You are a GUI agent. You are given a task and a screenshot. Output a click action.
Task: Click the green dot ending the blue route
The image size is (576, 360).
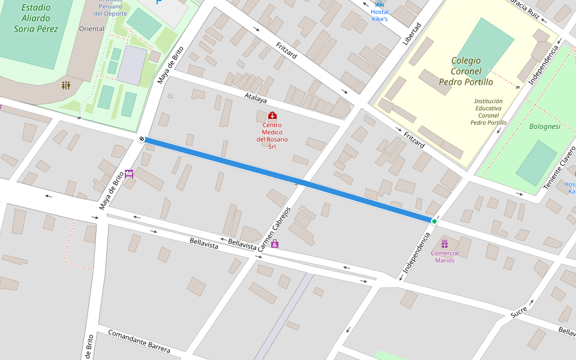434,221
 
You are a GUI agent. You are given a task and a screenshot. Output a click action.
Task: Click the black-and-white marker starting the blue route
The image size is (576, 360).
142,139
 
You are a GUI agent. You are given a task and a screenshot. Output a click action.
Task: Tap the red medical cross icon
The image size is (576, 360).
272,115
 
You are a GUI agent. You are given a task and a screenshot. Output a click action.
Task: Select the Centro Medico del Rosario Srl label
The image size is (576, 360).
272,136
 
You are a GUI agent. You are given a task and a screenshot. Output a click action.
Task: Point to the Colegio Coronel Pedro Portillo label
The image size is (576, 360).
466,71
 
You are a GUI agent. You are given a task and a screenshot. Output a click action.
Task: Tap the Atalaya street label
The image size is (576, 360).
256,98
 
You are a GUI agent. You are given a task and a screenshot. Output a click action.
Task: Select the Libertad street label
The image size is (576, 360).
412,34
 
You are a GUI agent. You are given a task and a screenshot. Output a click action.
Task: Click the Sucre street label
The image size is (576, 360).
519,312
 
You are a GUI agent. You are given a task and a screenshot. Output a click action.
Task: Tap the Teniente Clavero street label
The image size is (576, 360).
559,167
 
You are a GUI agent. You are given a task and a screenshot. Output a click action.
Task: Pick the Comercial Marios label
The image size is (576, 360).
445,257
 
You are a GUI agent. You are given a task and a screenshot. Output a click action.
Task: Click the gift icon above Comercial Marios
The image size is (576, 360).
445,244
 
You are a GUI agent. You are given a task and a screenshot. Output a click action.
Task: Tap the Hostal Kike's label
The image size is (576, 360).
380,16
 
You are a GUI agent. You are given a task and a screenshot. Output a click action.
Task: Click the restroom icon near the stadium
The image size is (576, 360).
66,85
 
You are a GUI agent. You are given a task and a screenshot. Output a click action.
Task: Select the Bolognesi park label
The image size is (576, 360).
545,127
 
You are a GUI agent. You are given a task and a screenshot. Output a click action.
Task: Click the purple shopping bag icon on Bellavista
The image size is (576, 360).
275,244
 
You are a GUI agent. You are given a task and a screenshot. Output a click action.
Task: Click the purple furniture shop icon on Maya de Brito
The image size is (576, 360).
129,173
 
